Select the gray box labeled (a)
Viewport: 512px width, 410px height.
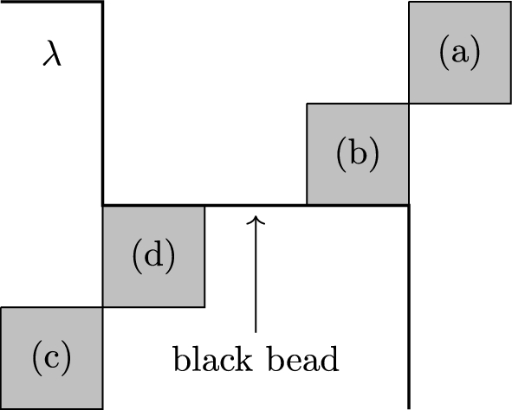[458, 53]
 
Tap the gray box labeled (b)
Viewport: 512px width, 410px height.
[357, 154]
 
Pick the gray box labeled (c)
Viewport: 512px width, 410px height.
[52, 357]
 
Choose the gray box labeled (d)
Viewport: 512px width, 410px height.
[153, 256]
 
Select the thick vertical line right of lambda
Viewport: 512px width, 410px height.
[103, 104]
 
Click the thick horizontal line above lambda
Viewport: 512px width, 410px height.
[52, 2]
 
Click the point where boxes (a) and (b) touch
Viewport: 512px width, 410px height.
[408, 104]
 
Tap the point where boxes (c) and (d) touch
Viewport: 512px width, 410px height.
[103, 307]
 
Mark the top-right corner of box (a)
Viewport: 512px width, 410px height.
[509, 3]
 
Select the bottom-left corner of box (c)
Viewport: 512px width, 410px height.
[2, 407]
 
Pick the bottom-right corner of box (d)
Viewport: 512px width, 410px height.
[204, 306]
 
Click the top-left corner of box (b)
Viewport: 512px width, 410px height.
[307, 104]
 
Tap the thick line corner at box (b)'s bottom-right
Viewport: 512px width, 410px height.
[408, 205]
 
